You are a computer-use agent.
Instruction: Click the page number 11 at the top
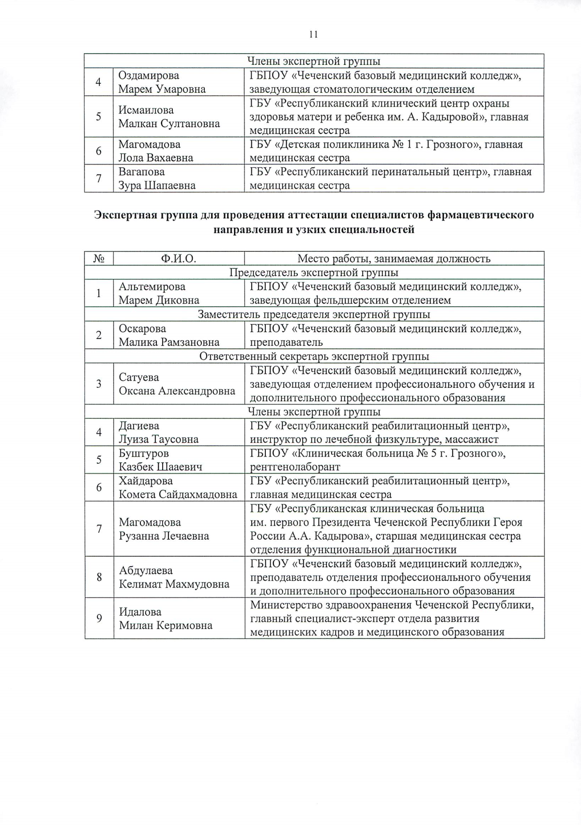(313, 34)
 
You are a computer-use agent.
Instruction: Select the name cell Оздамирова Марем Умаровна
(162, 82)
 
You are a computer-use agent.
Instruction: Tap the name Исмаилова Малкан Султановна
(169, 117)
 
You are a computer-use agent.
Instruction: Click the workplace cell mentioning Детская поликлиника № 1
(386, 151)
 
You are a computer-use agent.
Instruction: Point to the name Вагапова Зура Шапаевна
(157, 178)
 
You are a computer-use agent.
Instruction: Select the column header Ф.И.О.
(178, 259)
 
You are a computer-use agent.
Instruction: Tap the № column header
(99, 259)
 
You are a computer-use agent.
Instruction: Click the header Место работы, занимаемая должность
(394, 259)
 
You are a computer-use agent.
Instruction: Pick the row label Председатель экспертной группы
(314, 272)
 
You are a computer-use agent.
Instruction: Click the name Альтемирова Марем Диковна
(159, 294)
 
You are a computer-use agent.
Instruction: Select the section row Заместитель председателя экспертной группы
(314, 314)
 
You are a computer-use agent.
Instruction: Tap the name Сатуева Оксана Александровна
(177, 384)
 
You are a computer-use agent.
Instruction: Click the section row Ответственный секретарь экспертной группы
(314, 356)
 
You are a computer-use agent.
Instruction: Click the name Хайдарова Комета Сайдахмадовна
(178, 487)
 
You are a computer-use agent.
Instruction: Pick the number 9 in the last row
(99, 618)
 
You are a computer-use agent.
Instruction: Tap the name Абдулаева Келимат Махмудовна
(174, 577)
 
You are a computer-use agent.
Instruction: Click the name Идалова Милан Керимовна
(166, 619)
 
